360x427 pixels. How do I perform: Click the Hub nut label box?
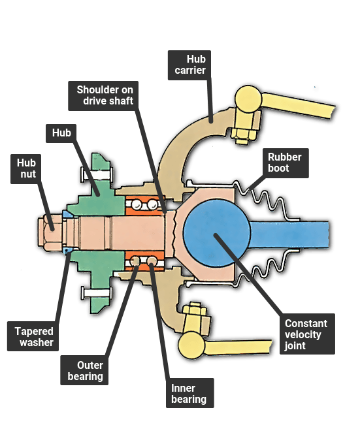point(26,169)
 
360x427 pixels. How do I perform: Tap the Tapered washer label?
point(33,336)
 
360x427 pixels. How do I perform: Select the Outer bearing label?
point(84,370)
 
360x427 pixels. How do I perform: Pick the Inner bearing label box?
point(190,393)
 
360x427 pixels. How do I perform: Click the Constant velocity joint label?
point(307,334)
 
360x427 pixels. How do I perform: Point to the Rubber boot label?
point(286,163)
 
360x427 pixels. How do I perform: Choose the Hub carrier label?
point(189,65)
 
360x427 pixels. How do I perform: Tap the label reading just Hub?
point(61,133)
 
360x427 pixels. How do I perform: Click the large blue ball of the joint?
point(217,233)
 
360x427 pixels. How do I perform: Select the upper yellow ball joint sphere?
point(248,99)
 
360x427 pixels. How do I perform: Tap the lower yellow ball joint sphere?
point(191,345)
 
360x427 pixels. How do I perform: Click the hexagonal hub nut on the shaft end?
point(50,232)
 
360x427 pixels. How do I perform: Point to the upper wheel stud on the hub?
point(97,174)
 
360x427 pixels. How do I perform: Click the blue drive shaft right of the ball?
point(289,234)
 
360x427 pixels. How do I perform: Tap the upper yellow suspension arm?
point(298,106)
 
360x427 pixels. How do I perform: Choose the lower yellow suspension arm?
point(238,347)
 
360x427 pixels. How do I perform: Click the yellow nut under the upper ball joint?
point(243,135)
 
